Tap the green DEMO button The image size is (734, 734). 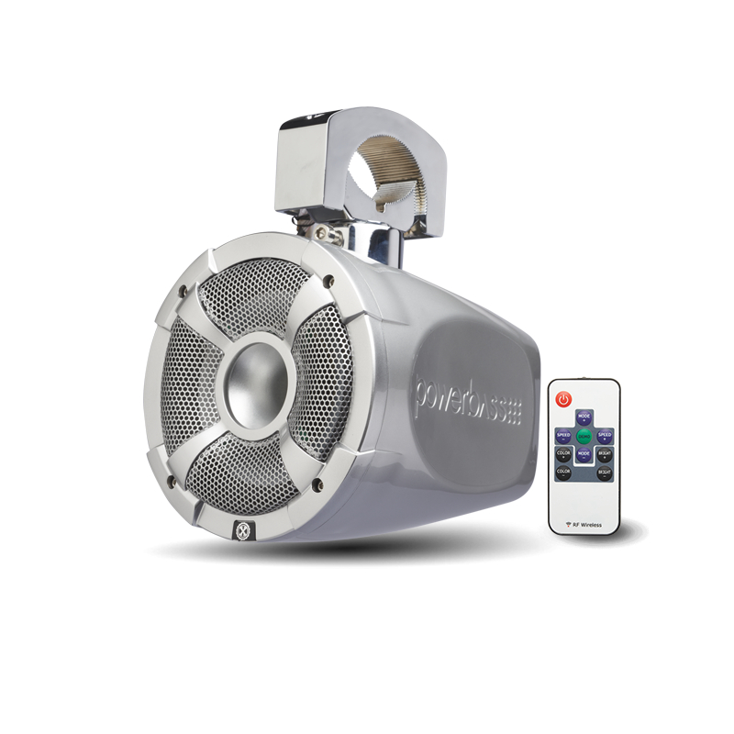coord(584,435)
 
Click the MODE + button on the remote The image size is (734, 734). coord(584,417)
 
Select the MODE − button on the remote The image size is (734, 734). coord(584,453)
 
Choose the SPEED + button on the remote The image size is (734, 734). coord(605,435)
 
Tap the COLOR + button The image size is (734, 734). coord(563,453)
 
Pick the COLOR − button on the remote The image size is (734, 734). coord(563,473)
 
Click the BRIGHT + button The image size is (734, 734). coord(605,453)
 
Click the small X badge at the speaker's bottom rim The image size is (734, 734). coord(243,530)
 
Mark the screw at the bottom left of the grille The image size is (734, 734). coord(172,477)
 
